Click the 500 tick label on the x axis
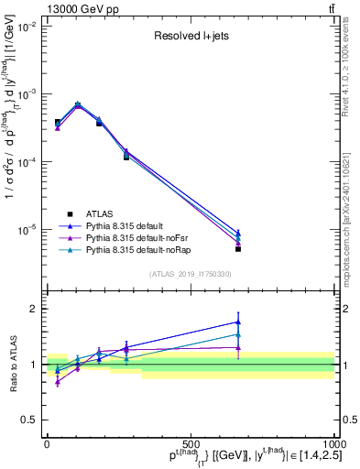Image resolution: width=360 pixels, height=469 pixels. (x=191, y=443)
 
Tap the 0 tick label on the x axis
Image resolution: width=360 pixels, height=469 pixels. (x=47, y=443)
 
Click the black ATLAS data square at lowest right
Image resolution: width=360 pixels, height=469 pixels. (x=238, y=248)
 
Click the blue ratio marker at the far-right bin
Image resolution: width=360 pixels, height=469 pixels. (x=238, y=322)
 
